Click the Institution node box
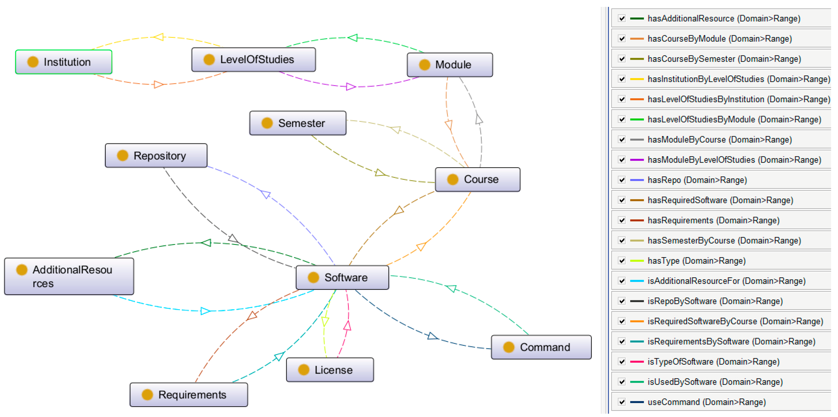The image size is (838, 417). coord(64,62)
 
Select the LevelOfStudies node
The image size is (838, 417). coord(253,60)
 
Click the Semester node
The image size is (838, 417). coord(298,123)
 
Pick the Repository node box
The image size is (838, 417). coord(156,156)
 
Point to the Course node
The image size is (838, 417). coord(478,180)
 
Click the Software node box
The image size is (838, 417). coord(342,278)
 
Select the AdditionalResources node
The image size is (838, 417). coord(69,277)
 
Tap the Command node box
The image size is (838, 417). coord(541,347)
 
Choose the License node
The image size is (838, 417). coord(330,370)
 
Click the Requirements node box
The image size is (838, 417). coord(189,395)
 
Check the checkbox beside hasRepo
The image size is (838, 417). coord(622,180)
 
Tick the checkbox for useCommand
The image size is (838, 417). coord(622,402)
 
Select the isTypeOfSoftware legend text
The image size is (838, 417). coord(713,362)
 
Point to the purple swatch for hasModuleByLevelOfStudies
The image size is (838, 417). coord(637,160)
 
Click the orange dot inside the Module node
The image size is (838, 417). coord(425,65)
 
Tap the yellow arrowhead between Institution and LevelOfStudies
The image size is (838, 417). coord(159,37)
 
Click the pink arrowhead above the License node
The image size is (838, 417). coord(347,326)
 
